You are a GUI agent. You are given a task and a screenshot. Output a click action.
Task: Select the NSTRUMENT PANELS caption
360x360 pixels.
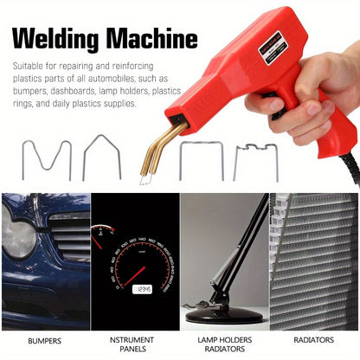(x=134, y=344)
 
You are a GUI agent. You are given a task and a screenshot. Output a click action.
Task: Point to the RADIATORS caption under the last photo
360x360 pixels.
(x=313, y=340)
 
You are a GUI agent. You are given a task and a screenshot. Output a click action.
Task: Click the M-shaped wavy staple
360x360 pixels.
(x=46, y=159)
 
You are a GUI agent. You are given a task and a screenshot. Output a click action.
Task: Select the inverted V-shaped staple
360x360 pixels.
(x=102, y=157)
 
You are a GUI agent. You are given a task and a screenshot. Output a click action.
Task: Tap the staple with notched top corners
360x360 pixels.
(x=256, y=161)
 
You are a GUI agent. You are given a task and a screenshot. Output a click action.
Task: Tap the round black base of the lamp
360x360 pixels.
(x=222, y=314)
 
